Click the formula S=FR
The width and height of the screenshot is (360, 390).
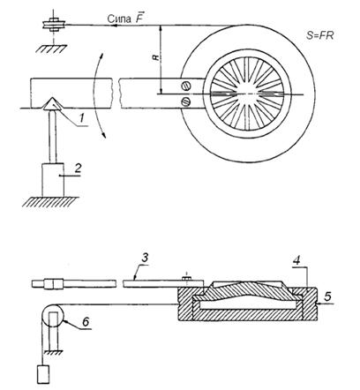click(x=319, y=35)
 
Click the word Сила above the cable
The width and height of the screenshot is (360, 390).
click(x=119, y=19)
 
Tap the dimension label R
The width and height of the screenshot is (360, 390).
click(x=156, y=57)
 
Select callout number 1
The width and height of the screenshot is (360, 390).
click(x=82, y=118)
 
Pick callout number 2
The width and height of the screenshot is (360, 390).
click(x=78, y=169)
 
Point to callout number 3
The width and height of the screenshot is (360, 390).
click(x=145, y=258)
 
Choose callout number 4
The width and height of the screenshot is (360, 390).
click(x=297, y=260)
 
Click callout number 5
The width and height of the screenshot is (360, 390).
click(x=327, y=296)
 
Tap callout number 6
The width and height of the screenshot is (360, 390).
click(x=86, y=322)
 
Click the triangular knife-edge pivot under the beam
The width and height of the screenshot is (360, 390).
click(x=52, y=104)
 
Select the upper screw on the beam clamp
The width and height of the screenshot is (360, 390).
click(x=186, y=86)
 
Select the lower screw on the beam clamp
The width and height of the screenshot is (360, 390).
click(x=186, y=101)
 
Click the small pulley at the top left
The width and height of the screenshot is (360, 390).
click(x=53, y=25)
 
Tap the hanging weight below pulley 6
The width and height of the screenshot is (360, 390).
click(x=44, y=374)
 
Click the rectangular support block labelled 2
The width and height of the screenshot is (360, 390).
click(x=53, y=180)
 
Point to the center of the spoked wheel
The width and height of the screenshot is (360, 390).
click(x=248, y=94)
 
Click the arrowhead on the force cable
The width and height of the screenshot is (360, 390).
click(x=116, y=26)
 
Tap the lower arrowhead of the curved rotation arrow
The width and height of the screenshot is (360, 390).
click(x=103, y=135)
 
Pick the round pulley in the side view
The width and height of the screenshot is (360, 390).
click(x=52, y=316)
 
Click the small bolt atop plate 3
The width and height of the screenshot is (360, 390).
click(x=187, y=277)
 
